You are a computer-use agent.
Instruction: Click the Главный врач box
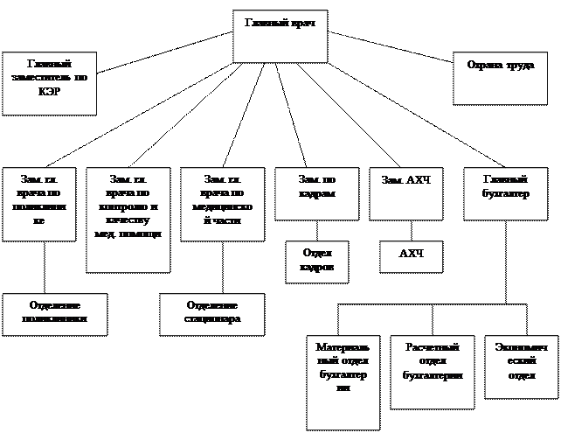pos(280,36)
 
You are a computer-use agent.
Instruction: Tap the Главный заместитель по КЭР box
pos(49,83)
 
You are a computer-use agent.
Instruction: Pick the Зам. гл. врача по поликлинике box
pos(39,204)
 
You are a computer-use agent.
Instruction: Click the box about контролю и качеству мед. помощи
pos(128,220)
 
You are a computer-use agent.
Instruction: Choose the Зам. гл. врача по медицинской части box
pos(221,204)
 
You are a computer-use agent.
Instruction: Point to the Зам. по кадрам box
pos(316,193)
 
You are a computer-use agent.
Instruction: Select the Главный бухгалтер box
pos(506,193)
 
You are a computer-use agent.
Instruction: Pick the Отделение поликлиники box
pos(55,313)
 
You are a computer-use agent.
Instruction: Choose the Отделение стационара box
pos(212,313)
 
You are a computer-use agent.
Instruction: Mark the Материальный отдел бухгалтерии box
pos(343,381)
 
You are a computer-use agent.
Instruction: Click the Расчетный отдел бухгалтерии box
pos(432,371)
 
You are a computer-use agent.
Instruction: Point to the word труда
pos(519,66)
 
